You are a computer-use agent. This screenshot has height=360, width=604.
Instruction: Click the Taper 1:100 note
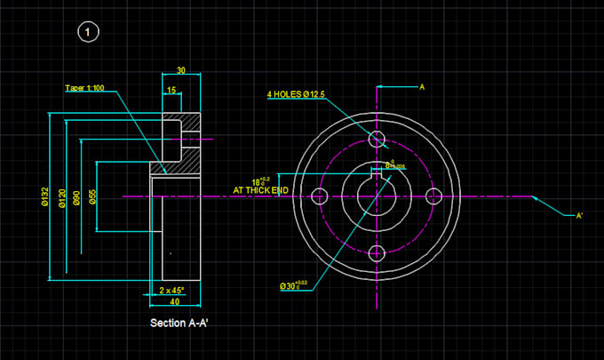(x=85, y=88)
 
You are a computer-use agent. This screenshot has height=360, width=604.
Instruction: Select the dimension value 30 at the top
(x=180, y=70)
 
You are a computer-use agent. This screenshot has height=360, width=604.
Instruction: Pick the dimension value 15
(x=171, y=90)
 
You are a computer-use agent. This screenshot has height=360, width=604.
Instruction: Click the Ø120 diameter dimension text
(x=61, y=196)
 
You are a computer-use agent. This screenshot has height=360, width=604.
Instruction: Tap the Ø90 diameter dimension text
(x=77, y=196)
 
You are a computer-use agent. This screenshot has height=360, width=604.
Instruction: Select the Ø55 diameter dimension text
(x=92, y=196)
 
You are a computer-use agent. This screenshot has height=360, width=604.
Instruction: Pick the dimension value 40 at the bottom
(x=174, y=302)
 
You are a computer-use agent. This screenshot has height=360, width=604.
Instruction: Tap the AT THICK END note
(x=259, y=190)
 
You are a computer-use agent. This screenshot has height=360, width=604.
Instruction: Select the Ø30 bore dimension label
(x=292, y=285)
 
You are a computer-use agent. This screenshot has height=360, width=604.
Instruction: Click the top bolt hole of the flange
(x=377, y=139)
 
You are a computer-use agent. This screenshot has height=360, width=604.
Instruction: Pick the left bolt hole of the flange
(x=320, y=196)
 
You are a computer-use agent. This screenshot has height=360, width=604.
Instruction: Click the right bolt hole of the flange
(x=433, y=196)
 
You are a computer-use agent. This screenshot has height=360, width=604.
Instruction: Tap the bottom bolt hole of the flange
(x=377, y=252)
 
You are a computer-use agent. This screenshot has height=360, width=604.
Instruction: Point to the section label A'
(x=579, y=215)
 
